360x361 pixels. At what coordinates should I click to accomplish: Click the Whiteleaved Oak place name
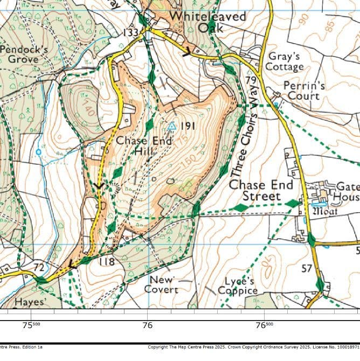207,21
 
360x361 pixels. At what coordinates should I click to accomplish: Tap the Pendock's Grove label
24,53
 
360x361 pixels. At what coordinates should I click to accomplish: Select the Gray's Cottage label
286,61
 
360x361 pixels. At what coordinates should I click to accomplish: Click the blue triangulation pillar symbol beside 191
171,126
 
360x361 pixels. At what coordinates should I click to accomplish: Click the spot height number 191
187,126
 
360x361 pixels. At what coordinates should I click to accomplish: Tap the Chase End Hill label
144,146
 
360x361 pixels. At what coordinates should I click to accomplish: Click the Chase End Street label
262,191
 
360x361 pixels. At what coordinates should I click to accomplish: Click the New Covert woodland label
162,284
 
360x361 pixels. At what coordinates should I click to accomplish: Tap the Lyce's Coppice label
238,286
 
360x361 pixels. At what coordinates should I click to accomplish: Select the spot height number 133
131,33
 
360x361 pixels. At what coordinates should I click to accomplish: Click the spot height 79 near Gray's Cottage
250,81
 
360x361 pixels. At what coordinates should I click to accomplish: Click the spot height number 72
39,267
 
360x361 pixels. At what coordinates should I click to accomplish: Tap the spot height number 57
307,268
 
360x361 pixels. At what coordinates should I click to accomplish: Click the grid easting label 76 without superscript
147,325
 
